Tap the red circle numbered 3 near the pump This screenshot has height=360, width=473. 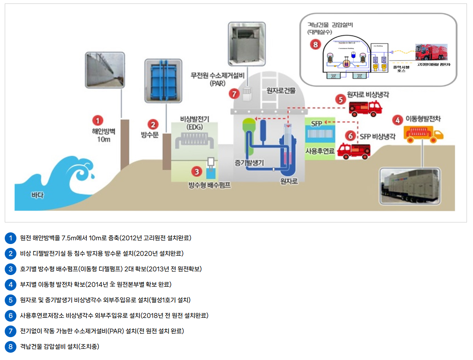pos(197,172)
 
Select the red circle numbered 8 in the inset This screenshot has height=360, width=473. pos(315,44)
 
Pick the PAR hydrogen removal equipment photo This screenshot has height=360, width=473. pos(247,42)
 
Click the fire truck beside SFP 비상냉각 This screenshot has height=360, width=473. pos(353,150)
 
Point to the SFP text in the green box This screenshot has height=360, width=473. pos(317,123)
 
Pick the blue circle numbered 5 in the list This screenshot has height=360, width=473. pos(10,300)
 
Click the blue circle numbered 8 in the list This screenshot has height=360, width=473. pos(10,347)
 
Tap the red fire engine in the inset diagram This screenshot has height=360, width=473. pos(431,53)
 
